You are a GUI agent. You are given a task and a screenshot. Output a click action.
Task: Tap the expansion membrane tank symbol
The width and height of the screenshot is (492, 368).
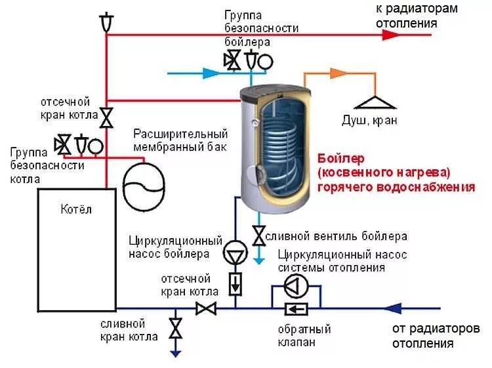(x=143, y=187)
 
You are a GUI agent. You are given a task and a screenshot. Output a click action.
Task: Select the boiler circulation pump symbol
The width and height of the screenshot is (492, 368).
(x=234, y=253)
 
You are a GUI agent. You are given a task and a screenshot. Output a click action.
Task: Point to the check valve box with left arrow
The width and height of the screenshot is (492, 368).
(x=296, y=308)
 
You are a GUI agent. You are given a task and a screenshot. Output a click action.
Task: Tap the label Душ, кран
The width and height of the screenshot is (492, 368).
(x=369, y=121)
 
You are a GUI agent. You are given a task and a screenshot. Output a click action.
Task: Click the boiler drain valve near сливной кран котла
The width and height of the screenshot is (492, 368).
(x=175, y=328)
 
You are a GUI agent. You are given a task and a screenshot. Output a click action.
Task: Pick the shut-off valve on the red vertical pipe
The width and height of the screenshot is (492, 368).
(x=106, y=118)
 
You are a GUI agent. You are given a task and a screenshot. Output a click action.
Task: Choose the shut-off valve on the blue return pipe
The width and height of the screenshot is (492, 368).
(x=207, y=308)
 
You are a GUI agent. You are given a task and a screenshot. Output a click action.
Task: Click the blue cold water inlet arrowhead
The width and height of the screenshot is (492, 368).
(x=212, y=73)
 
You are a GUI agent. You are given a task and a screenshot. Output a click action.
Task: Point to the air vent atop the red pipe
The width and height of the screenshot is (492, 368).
(x=106, y=22)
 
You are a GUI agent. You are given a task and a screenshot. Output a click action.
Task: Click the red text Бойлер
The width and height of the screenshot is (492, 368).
(x=340, y=159)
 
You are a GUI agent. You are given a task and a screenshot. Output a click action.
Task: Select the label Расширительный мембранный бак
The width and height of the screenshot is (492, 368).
(x=180, y=140)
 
